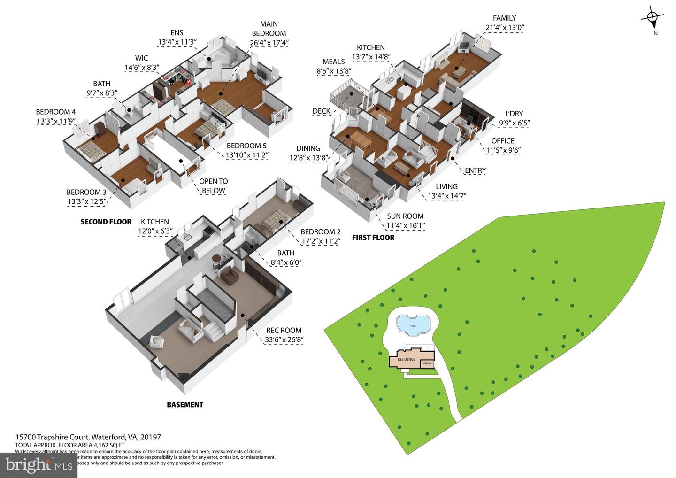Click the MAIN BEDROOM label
269,29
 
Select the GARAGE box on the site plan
427,363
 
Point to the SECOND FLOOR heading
106,222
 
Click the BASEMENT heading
185,404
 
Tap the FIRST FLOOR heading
373,238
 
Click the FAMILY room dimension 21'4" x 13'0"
504,27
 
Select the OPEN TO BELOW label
214,186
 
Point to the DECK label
322,111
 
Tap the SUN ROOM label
405,216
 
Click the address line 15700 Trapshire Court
88,437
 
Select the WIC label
141,58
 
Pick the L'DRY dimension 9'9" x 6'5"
514,123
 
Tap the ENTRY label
475,170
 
